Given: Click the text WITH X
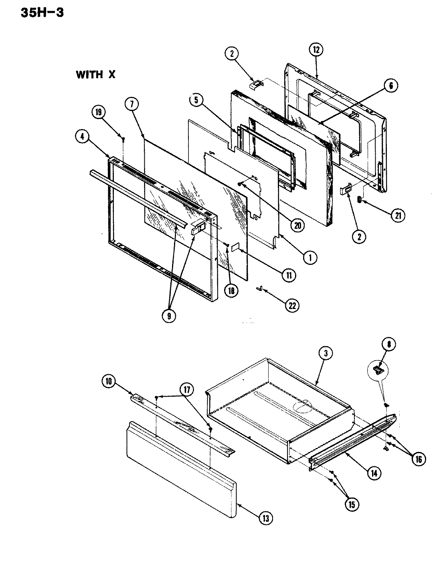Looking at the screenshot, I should click(x=95, y=75).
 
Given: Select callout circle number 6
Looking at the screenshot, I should click(x=391, y=85).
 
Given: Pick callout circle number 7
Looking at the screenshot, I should click(x=131, y=104).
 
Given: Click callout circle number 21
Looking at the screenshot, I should click(x=398, y=215).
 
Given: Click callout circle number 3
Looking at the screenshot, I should click(x=326, y=353).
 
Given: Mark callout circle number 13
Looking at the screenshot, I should click(x=266, y=518).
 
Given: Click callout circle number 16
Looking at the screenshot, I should click(x=419, y=459).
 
